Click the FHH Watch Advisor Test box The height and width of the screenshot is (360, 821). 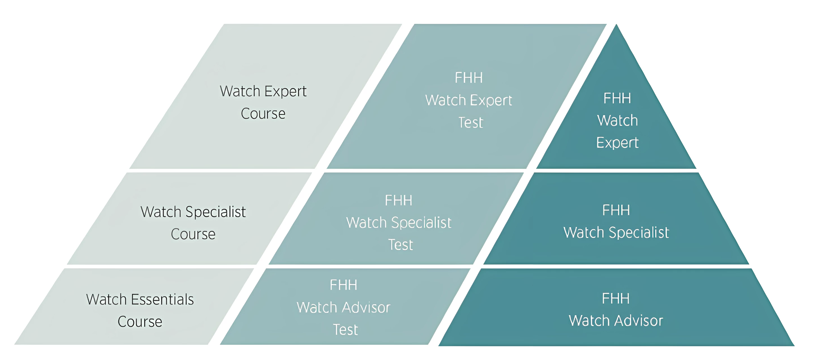344,307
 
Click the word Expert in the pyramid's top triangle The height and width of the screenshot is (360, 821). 617,143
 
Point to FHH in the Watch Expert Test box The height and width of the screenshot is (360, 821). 468,78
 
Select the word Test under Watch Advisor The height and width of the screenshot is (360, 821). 346,329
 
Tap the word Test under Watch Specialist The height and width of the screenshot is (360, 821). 401,245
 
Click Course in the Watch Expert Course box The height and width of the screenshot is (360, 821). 263,114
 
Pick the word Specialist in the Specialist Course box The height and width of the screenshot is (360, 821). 215,212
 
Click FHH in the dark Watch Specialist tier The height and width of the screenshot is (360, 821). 616,210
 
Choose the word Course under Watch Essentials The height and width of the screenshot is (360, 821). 140,321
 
